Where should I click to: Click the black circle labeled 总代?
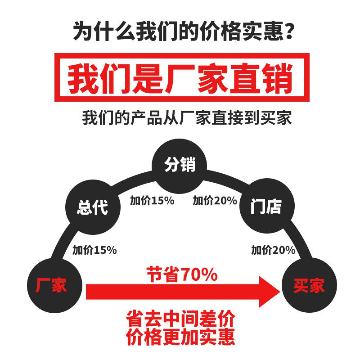point(93,207)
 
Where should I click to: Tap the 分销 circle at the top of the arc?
point(180,165)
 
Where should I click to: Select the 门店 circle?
point(266,207)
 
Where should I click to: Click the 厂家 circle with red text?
point(52,285)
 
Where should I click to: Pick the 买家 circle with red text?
point(309,285)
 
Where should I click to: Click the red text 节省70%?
point(182,274)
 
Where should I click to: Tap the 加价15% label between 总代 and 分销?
point(152,201)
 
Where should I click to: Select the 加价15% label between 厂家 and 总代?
point(94,250)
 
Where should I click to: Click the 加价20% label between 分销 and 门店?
point(215,201)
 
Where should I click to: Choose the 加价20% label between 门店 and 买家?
point(273,250)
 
